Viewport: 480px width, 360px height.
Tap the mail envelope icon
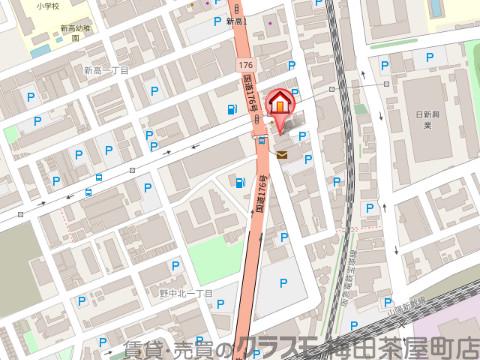tap(282, 155)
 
